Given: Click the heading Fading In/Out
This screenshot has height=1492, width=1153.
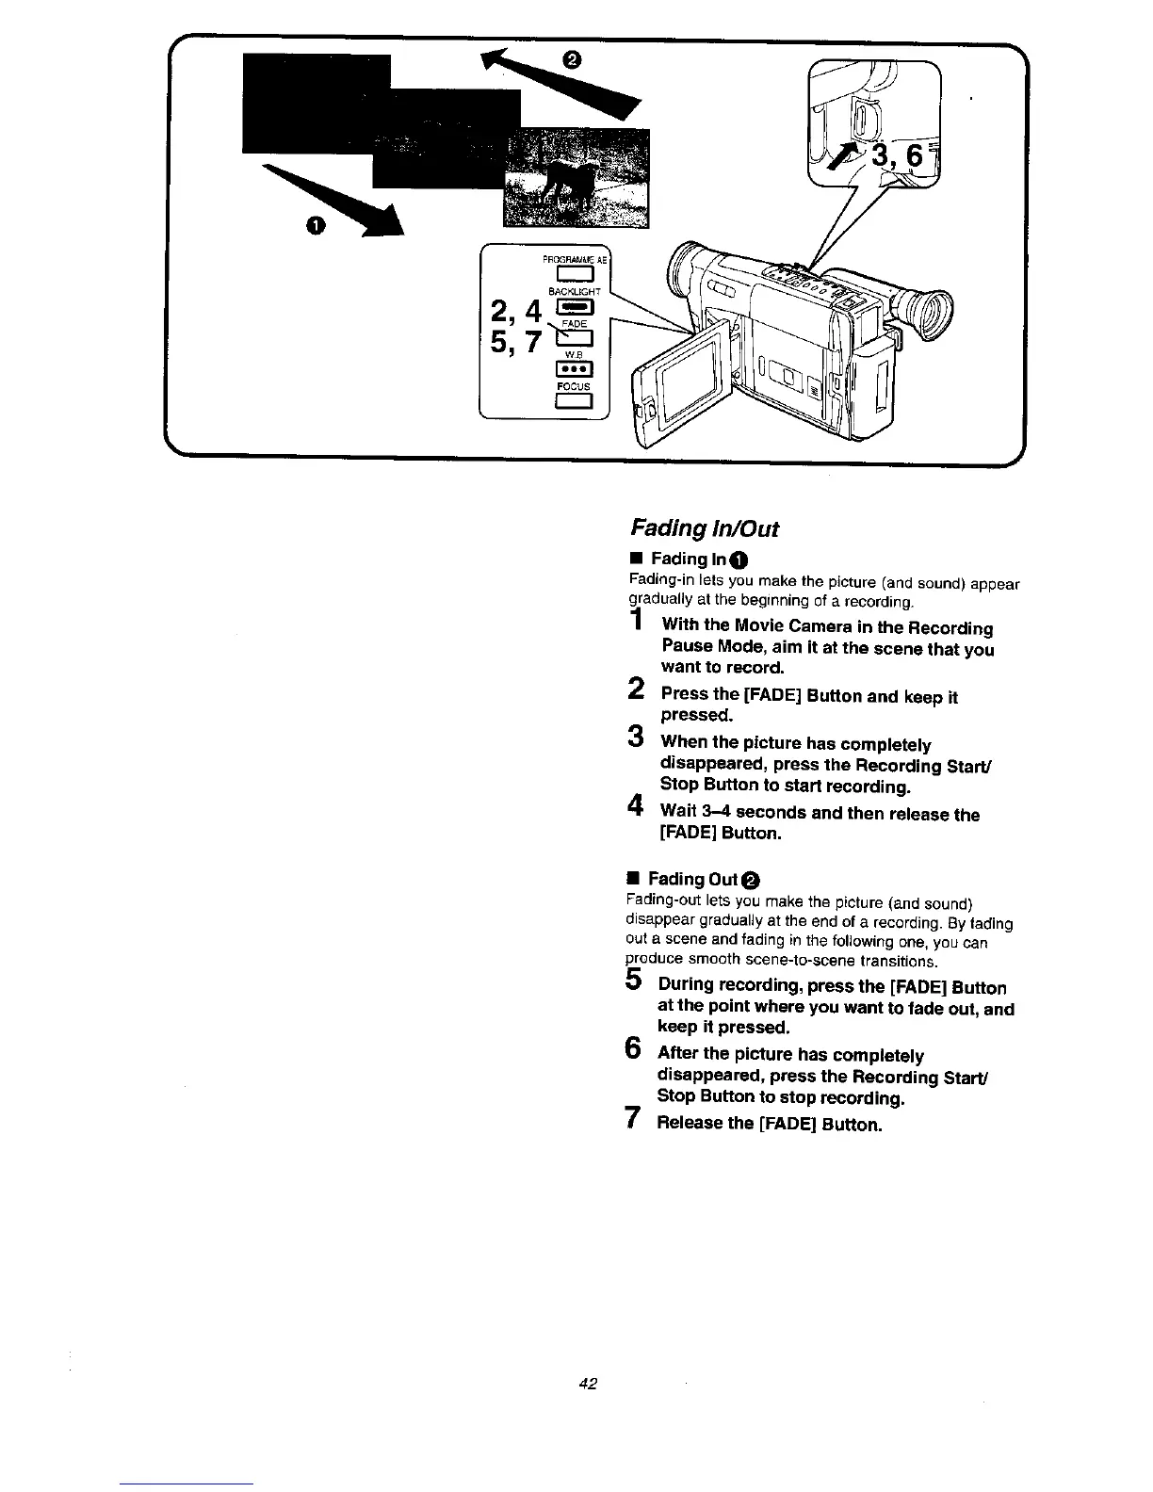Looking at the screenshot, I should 703,528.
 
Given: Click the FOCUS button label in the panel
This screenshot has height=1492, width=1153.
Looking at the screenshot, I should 573,387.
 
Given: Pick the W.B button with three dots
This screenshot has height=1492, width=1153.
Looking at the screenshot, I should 573,368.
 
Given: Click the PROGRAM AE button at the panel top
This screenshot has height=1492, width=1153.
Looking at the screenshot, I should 573,274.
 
